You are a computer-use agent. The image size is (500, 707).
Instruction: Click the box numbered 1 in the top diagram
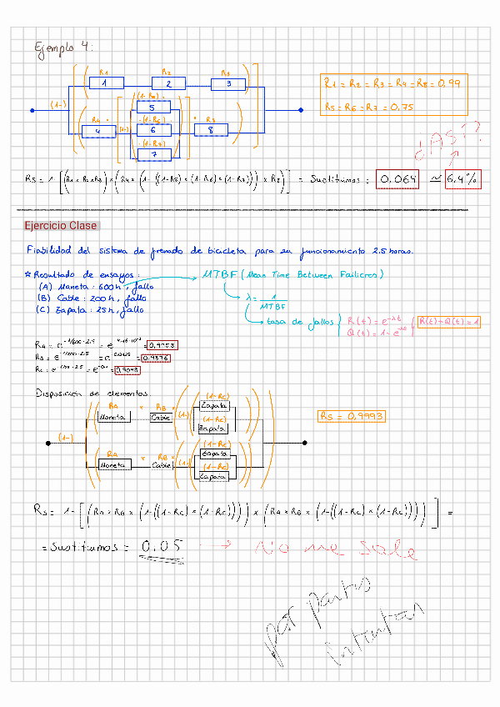pyautogui.click(x=106, y=83)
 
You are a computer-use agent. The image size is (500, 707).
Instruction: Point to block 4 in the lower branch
pyautogui.click(x=100, y=131)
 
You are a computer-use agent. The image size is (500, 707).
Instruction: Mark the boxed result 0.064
pyautogui.click(x=397, y=179)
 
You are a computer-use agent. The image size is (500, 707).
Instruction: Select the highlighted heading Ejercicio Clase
pyautogui.click(x=61, y=226)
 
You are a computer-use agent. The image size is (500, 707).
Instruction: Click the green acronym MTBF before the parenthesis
pyautogui.click(x=219, y=275)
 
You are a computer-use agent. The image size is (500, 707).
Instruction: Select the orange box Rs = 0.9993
pyautogui.click(x=352, y=415)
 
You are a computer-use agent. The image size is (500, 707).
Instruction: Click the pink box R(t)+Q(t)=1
pyautogui.click(x=447, y=322)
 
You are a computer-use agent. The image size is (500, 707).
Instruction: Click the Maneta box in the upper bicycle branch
pyautogui.click(x=113, y=417)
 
